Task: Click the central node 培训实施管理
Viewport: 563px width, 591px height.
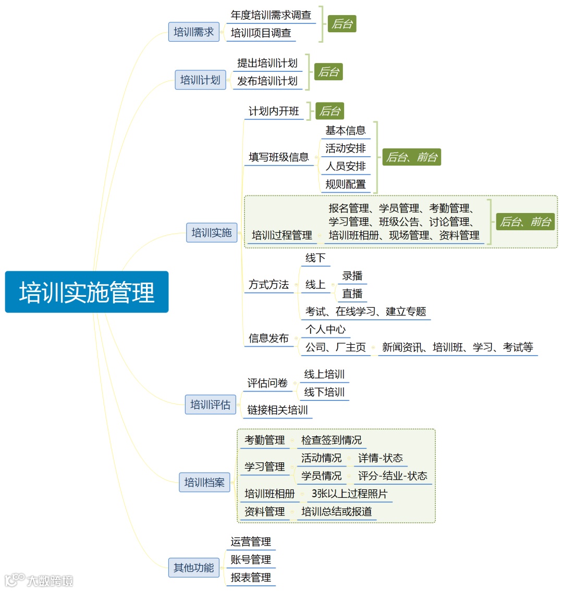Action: point(87,292)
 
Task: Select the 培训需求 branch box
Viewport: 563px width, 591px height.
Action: point(193,32)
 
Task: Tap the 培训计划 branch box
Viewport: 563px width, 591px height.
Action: point(200,80)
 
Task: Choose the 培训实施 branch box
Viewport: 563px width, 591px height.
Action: point(212,233)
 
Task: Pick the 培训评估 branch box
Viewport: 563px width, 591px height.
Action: point(210,405)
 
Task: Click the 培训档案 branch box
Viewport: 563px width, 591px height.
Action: point(204,482)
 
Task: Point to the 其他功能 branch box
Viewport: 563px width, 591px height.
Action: point(193,568)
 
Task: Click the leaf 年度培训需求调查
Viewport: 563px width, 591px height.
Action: point(271,15)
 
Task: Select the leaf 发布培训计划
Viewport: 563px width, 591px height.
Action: point(267,81)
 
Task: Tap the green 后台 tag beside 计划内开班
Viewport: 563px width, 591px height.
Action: point(330,111)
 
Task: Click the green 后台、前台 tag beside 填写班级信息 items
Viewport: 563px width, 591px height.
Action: point(412,157)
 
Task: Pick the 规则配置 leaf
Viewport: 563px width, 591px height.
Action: point(346,184)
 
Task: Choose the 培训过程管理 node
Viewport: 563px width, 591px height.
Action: point(282,235)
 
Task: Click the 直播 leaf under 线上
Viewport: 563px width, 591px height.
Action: point(352,294)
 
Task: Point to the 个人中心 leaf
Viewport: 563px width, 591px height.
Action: point(325,329)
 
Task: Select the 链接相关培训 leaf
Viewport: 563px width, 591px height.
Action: point(277,410)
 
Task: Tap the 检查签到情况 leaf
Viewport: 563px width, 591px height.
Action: point(331,440)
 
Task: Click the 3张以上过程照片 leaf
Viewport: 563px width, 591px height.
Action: point(349,494)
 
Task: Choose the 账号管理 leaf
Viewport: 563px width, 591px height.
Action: point(251,560)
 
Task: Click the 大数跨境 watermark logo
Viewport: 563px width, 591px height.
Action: point(40,580)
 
